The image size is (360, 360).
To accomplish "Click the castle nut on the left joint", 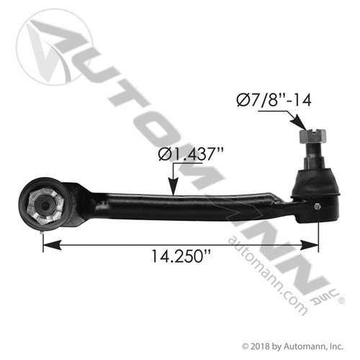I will coord(42,207).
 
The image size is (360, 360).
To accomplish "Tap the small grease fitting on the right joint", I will coord(318,207).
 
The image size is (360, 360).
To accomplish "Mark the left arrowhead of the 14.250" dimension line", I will coord(48,246).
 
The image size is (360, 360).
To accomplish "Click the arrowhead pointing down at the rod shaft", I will coord(176,190).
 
